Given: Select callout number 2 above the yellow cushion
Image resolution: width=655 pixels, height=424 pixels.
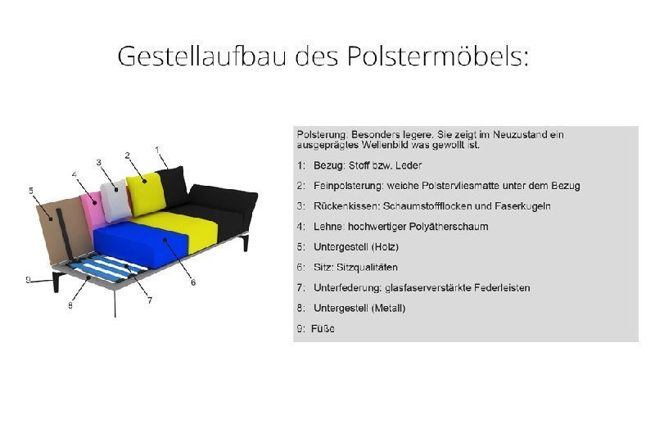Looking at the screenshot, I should tap(128, 155).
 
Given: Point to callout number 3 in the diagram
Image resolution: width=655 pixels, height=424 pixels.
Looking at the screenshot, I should tap(99, 162).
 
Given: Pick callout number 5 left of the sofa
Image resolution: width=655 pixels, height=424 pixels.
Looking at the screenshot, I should tap(31, 191).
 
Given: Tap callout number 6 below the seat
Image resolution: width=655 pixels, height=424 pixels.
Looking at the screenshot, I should tap(192, 282).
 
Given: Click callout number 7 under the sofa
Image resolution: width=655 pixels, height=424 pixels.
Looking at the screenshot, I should tap(150, 300).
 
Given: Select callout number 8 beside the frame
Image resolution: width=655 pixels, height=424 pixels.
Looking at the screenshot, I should tap(70, 305).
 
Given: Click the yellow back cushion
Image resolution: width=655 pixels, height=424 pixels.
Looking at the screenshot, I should tap(148, 190).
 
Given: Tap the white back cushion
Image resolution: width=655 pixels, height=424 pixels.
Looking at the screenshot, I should tap(115, 199).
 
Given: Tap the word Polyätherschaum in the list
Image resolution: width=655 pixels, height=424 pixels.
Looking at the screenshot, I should tap(448, 226).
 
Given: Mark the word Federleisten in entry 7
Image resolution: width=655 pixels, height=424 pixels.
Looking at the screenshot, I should tap(502, 287).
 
